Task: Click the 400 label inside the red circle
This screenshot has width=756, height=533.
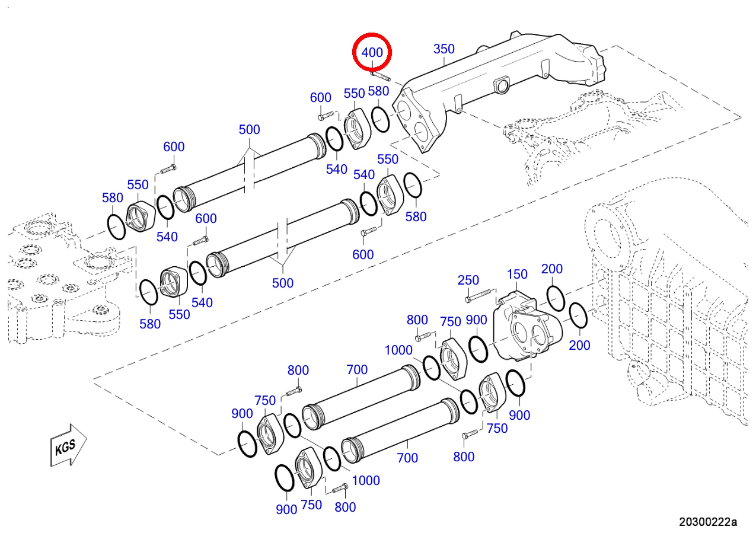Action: tap(372, 53)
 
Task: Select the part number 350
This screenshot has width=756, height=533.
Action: tap(444, 49)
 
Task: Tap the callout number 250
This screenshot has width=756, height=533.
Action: tap(468, 280)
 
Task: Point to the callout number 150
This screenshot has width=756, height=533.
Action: tap(517, 275)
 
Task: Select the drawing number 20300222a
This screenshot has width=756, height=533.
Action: tap(708, 522)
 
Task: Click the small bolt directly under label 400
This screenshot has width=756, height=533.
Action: tap(380, 76)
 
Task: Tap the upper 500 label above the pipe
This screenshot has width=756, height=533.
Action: tap(249, 130)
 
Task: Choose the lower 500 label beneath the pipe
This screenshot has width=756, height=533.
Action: tap(282, 283)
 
